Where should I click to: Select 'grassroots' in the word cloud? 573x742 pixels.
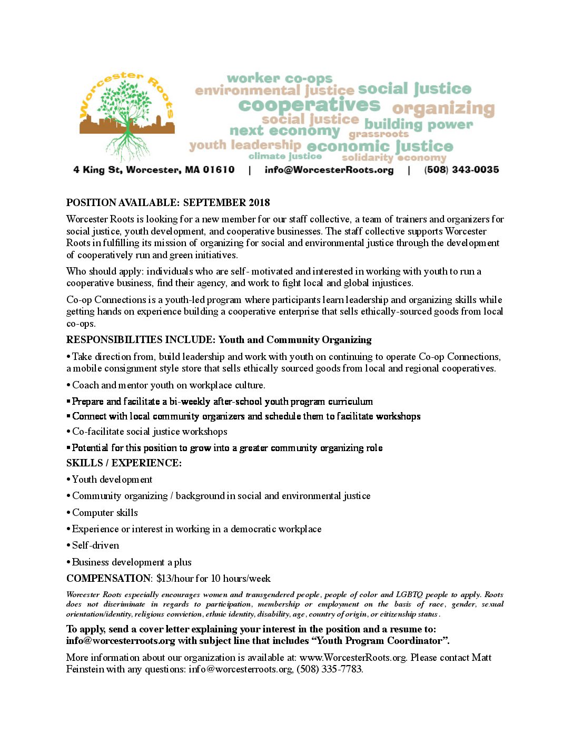[x=378, y=134]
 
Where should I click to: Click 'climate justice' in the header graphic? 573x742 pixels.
[x=285, y=156]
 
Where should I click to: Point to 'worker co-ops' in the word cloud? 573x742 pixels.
[x=280, y=79]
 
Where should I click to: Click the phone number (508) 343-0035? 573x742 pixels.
[x=461, y=170]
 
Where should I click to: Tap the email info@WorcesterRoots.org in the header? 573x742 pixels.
[x=329, y=170]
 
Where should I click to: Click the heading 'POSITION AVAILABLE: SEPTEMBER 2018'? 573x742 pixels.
[x=168, y=202]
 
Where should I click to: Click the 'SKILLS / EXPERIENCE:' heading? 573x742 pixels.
[x=124, y=463]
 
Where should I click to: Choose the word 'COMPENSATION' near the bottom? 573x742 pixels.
[x=108, y=578]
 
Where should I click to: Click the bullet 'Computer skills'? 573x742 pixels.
[x=105, y=512]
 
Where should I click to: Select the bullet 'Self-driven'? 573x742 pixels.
[x=95, y=545]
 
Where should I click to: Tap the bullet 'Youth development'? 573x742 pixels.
[x=112, y=480]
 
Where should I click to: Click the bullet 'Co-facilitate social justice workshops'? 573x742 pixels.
[x=150, y=432]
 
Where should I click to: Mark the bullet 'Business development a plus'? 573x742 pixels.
[x=132, y=562]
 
